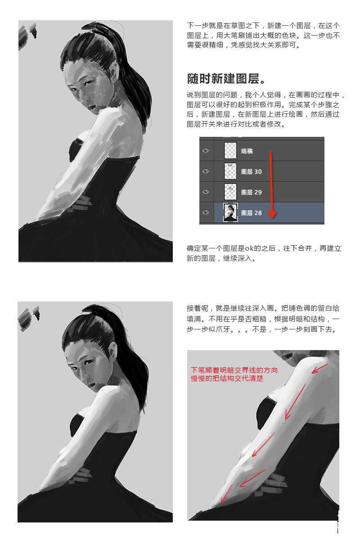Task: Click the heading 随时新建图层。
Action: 226,78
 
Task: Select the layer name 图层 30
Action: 251,171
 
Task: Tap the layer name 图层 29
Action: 251,192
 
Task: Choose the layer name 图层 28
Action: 251,213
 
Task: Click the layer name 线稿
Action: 247,151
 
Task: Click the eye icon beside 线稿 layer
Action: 206,151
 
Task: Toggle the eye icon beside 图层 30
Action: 206,171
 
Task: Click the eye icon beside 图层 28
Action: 206,213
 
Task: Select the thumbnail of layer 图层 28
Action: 230,213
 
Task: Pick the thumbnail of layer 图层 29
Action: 230,192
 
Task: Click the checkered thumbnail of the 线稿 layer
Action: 230,151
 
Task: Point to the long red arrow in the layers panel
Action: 271,184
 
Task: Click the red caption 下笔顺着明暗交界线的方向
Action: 234,370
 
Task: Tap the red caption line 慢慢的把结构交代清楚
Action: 227,378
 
